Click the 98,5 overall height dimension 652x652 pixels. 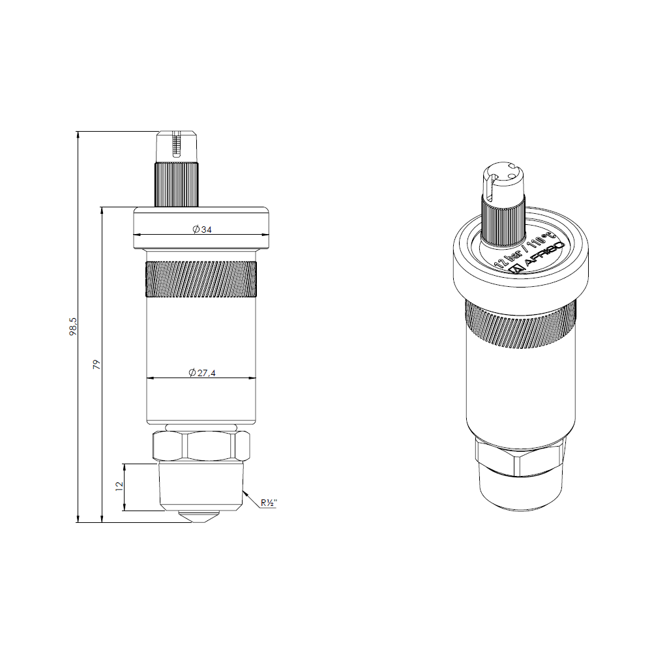[73, 327]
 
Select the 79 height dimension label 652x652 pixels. [96, 364]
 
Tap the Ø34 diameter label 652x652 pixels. [202, 229]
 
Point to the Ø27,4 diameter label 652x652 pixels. [202, 372]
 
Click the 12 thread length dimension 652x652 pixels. [119, 486]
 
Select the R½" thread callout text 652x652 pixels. [269, 503]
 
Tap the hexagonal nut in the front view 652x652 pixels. [201, 446]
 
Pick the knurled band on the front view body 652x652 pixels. [201, 279]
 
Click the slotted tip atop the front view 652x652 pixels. [177, 147]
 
